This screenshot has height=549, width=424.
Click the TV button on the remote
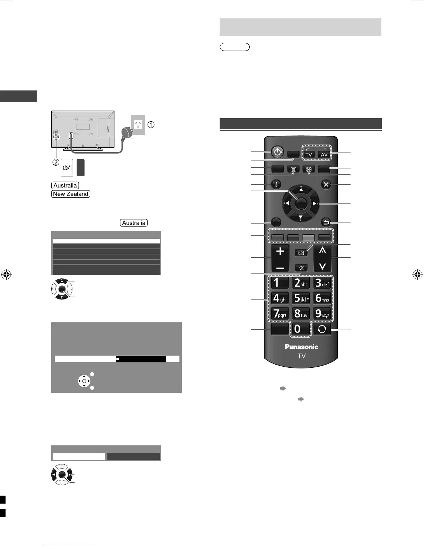click(x=309, y=154)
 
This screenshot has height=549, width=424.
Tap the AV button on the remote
click(x=324, y=154)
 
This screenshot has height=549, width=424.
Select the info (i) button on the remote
click(x=276, y=185)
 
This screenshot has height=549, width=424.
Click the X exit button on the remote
click(x=326, y=185)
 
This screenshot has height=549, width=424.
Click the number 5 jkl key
click(x=301, y=298)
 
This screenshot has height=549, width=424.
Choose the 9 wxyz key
click(x=322, y=314)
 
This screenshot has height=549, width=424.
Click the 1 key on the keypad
click(x=280, y=283)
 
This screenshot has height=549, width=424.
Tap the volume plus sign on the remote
click(x=280, y=251)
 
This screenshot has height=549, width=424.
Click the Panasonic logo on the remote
click(x=301, y=347)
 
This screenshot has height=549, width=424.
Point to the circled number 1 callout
click(x=151, y=124)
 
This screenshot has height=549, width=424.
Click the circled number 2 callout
click(x=56, y=162)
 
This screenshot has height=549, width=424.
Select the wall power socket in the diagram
click(x=138, y=124)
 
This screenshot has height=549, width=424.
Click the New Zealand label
click(x=71, y=194)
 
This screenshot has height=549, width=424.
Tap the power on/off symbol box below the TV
click(x=67, y=168)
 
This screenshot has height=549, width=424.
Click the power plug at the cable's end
click(x=125, y=133)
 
